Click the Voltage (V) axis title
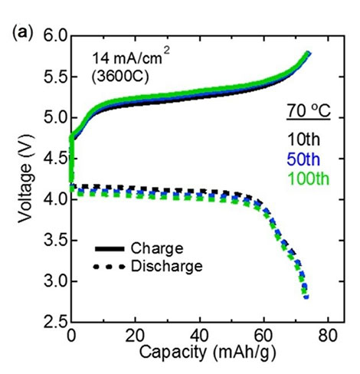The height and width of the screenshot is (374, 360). [x=25, y=179]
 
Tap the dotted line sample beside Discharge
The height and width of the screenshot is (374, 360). [x=110, y=267]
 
